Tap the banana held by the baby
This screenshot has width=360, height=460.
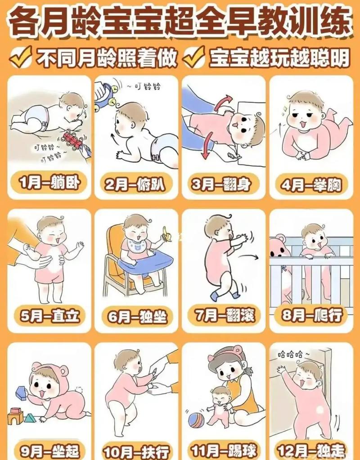167,234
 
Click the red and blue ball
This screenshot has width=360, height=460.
196,420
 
